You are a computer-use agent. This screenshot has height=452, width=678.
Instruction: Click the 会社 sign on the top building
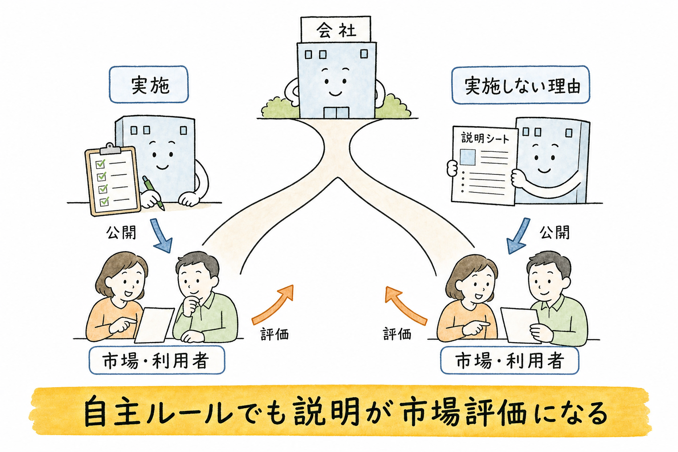(x=335, y=29)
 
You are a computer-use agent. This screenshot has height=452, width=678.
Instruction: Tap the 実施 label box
(x=149, y=84)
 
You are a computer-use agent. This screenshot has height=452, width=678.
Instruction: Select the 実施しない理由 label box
(x=520, y=85)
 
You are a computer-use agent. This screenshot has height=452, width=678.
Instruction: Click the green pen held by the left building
(x=153, y=192)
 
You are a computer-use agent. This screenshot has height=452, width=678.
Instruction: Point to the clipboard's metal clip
(x=110, y=149)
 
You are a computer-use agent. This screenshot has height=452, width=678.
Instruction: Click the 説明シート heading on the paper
(x=485, y=139)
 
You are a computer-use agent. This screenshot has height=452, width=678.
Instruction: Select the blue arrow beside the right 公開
(x=518, y=236)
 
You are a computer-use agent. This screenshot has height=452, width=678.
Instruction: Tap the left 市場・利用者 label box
(x=157, y=360)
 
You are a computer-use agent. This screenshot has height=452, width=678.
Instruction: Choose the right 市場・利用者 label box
(x=510, y=361)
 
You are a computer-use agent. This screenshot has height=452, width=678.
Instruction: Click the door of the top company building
(x=336, y=112)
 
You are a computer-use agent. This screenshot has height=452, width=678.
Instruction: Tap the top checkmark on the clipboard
(x=101, y=163)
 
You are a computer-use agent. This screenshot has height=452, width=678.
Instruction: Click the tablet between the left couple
(x=154, y=325)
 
